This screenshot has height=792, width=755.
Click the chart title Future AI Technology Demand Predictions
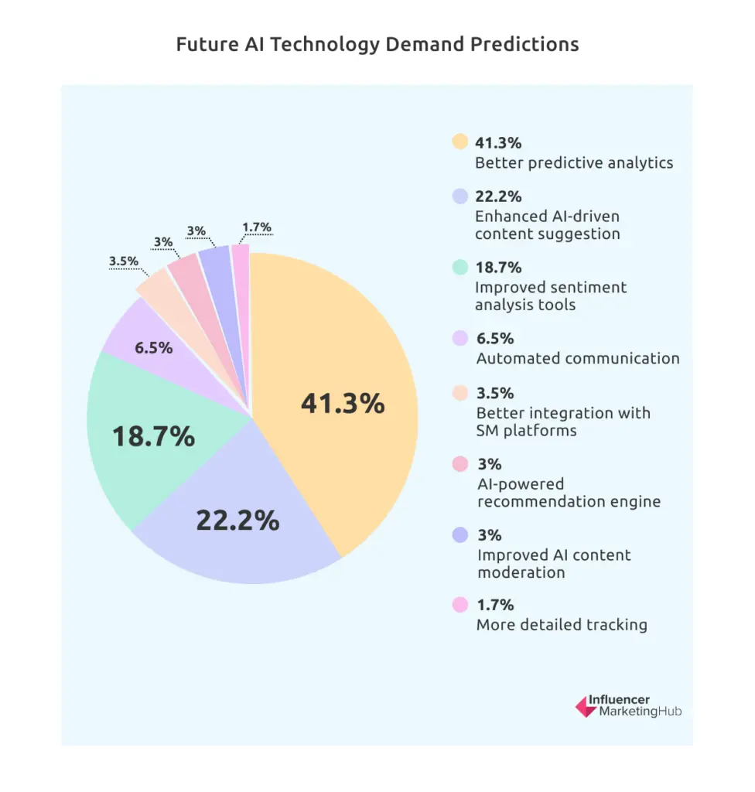[x=377, y=44]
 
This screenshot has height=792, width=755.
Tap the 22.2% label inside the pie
[x=237, y=521]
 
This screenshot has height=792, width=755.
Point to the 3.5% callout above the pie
[x=124, y=261]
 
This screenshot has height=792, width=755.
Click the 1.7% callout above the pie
[x=256, y=227]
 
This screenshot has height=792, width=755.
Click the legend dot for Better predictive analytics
[x=460, y=142]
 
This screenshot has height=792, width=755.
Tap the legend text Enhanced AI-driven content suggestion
[x=548, y=225]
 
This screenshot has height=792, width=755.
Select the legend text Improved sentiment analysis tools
[x=551, y=296]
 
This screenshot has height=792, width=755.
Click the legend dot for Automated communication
[x=460, y=339]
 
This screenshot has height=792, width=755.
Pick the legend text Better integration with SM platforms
[x=563, y=422]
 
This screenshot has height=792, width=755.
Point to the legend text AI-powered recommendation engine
[x=569, y=493]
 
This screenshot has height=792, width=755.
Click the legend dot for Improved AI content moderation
[x=460, y=535]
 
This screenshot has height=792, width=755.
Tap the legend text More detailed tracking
[x=562, y=625]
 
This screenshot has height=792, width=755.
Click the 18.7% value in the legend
[x=498, y=268]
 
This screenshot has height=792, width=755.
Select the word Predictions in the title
[x=527, y=44]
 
